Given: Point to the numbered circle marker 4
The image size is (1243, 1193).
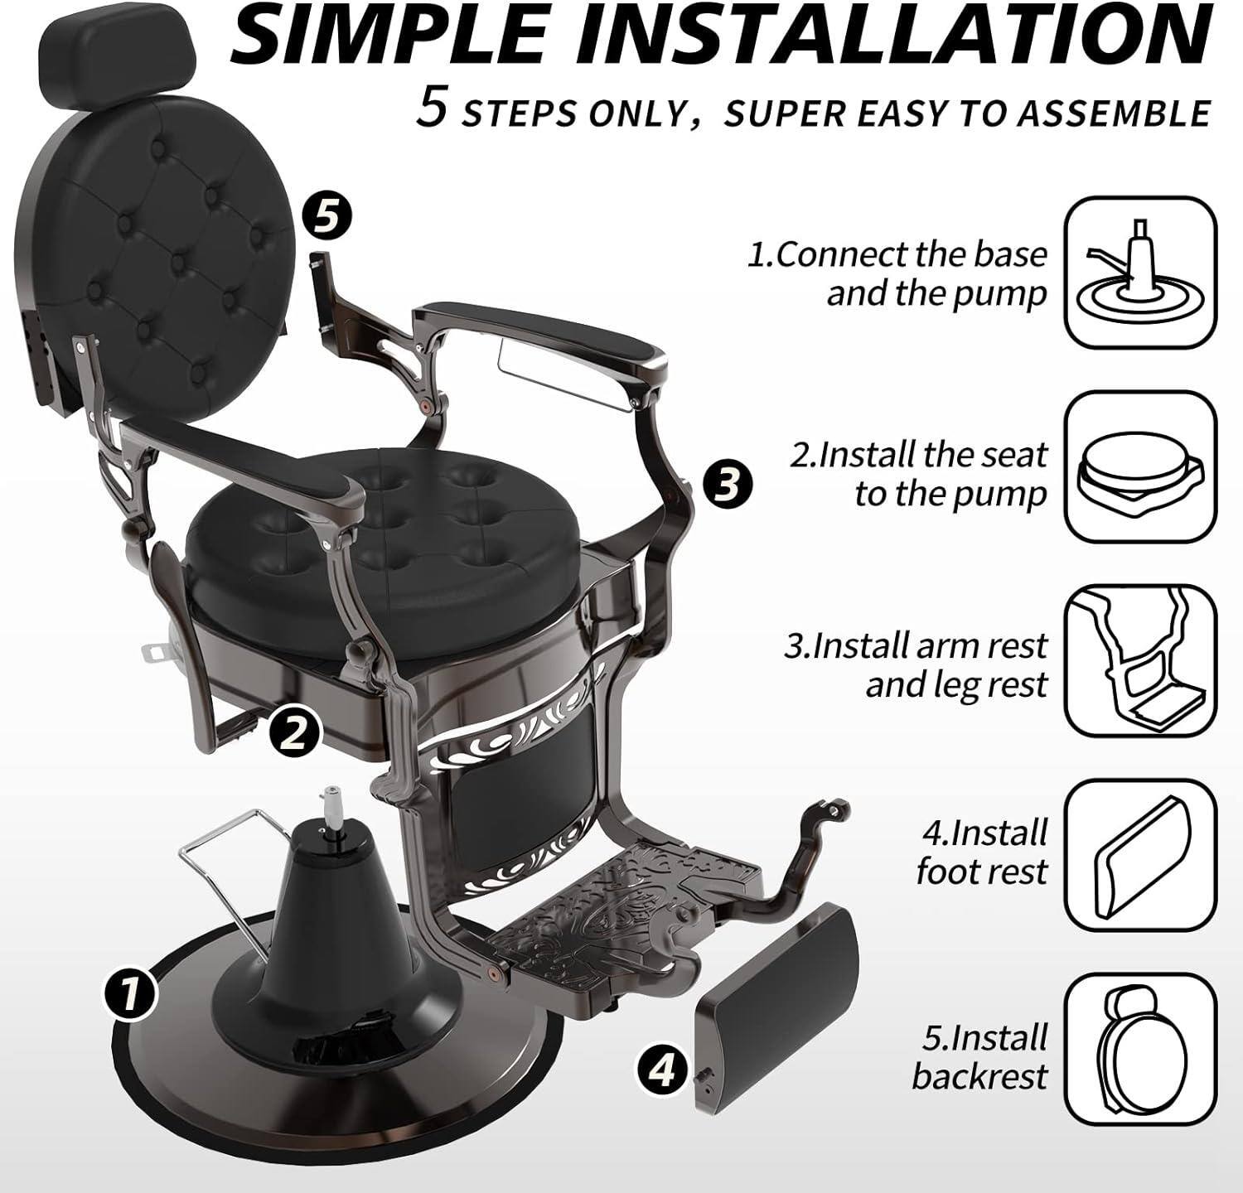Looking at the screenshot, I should point(662,1071).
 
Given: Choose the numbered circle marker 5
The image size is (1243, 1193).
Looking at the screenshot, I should point(326,217).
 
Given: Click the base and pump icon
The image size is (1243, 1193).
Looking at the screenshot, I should point(1140,273).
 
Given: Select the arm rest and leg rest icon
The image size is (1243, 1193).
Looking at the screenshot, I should point(1140,660).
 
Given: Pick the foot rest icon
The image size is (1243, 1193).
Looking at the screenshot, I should point(1140,855).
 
